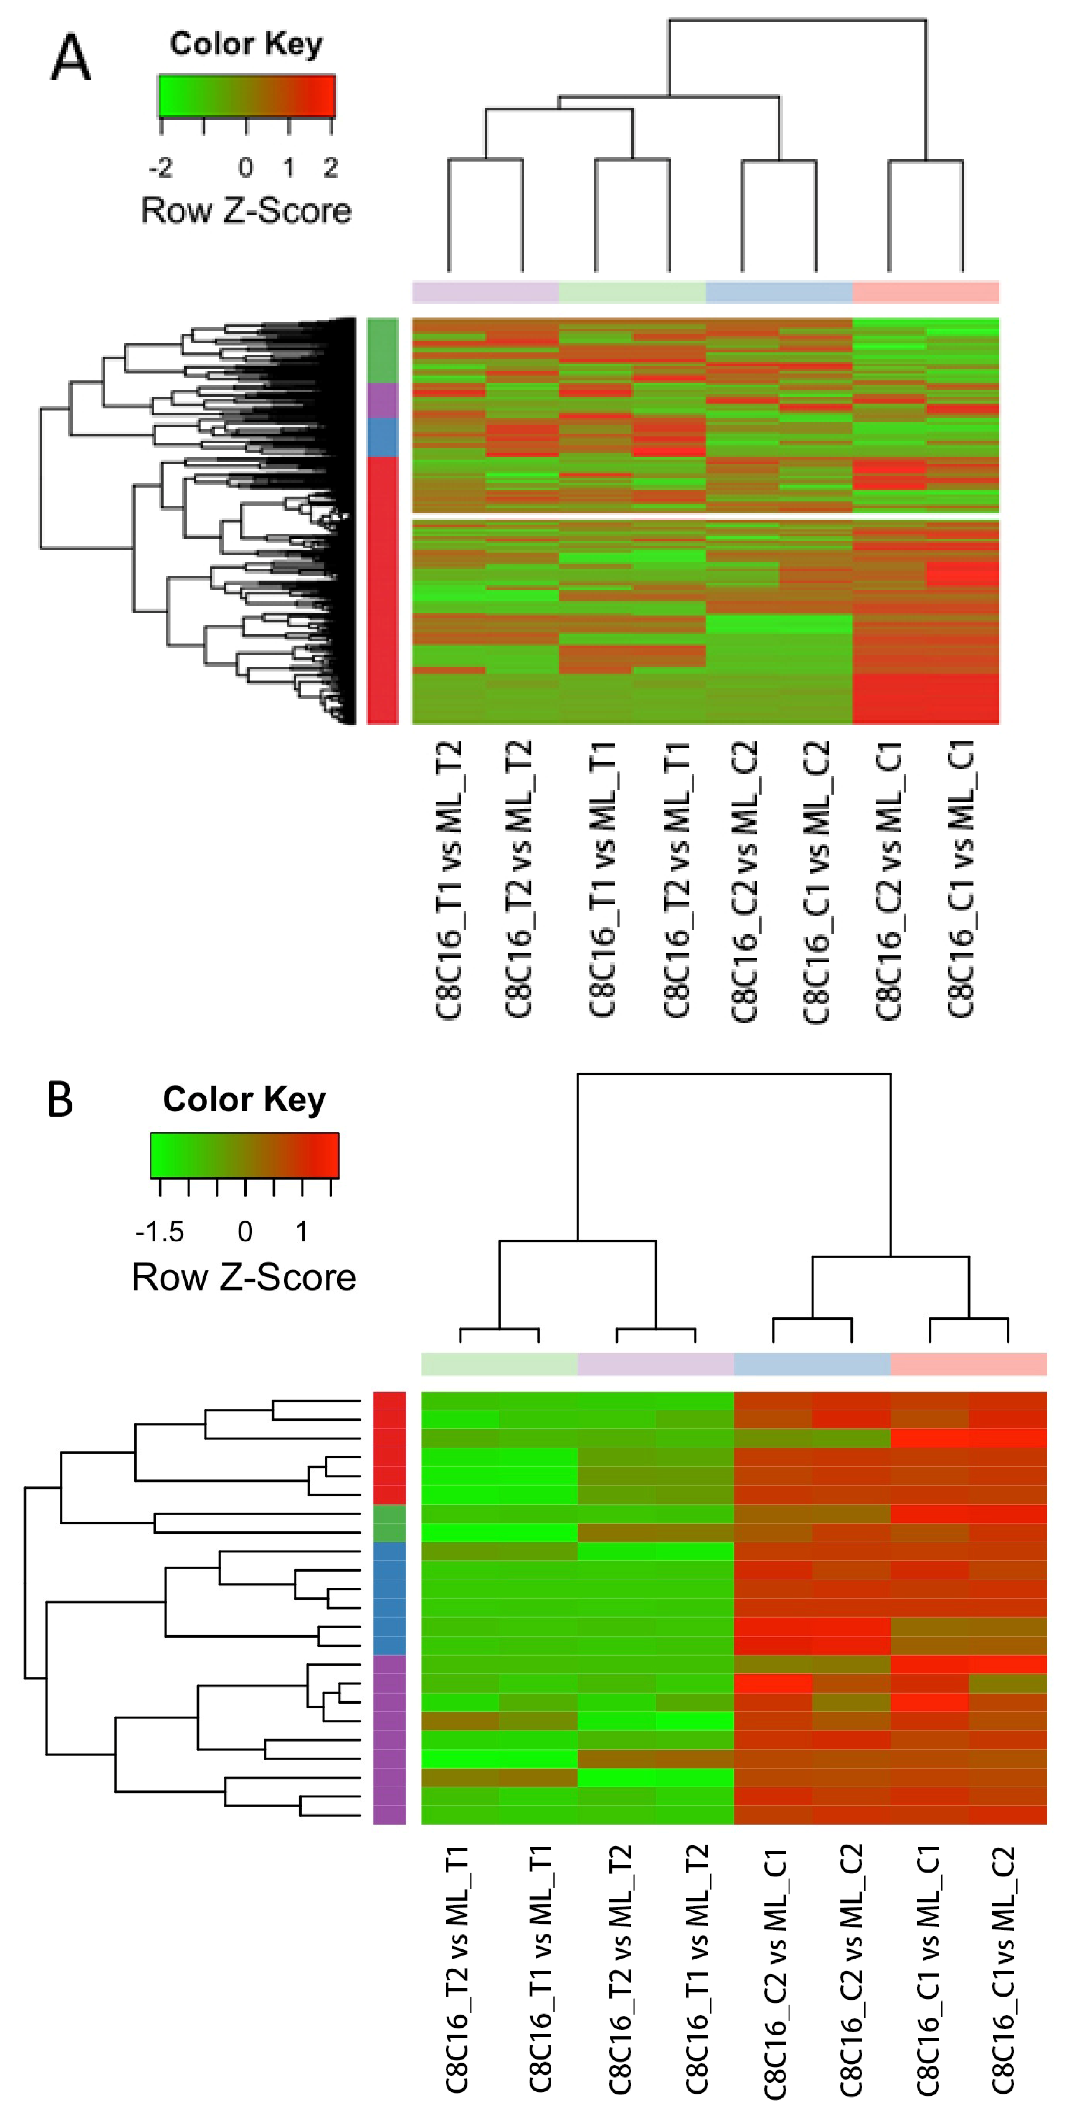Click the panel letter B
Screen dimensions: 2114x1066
60,1100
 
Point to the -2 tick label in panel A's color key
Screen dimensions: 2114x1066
161,168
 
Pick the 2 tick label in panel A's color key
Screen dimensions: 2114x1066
331,168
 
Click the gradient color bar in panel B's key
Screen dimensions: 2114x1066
245,1155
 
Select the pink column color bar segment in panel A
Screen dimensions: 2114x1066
926,292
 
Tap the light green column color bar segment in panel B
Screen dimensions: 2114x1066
499,1364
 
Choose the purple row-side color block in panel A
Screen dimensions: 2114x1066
383,400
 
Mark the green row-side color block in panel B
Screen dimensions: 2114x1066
389,1523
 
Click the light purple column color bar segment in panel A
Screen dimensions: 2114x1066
485,292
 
